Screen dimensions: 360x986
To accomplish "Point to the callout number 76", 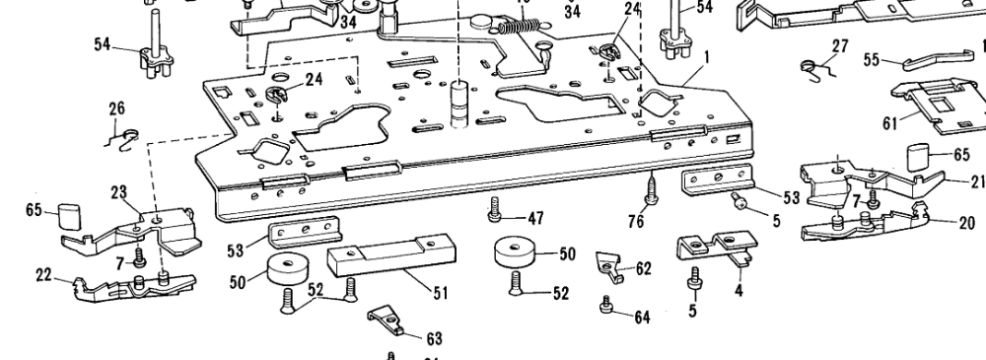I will (x=636, y=223).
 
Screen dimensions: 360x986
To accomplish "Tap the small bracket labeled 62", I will (x=610, y=264).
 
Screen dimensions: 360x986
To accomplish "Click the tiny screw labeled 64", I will (x=608, y=310).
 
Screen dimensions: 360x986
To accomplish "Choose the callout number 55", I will (x=872, y=60).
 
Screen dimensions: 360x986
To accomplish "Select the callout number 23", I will (x=119, y=192).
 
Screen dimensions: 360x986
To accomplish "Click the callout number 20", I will (x=966, y=223).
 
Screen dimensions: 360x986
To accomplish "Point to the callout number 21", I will (x=977, y=181).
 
